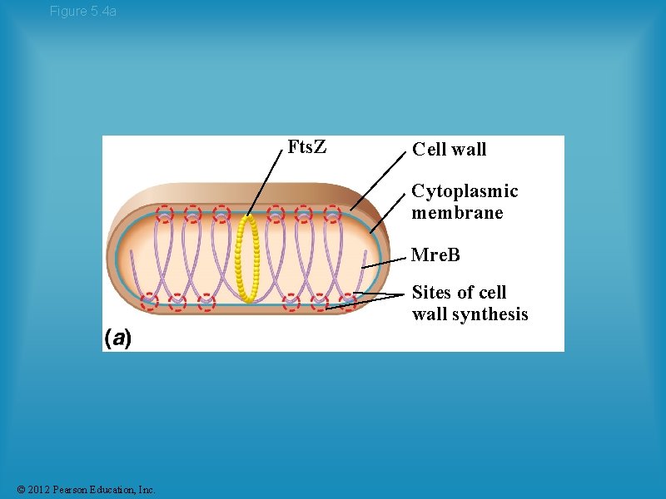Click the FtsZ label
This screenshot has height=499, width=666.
pos(306,147)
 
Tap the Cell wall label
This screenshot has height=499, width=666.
pos(449,150)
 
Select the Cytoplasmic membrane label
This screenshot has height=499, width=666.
pos(465,202)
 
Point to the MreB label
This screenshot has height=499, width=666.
pos(435,254)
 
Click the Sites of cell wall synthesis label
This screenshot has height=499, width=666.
pos(470,304)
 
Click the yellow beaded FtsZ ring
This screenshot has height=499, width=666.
pos(247,258)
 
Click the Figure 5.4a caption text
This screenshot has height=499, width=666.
pos(83,11)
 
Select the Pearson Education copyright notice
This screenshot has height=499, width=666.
pos(85,490)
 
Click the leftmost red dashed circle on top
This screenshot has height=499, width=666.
pos(165,214)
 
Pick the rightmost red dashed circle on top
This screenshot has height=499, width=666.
pos(332,214)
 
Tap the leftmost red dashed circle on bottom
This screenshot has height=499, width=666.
pos(149,301)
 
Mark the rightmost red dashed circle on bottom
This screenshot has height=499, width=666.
pos(346,301)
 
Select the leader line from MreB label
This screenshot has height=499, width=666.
pos(385,260)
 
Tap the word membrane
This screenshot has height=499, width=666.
pos(457,213)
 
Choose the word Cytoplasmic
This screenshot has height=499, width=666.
pos(465,191)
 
